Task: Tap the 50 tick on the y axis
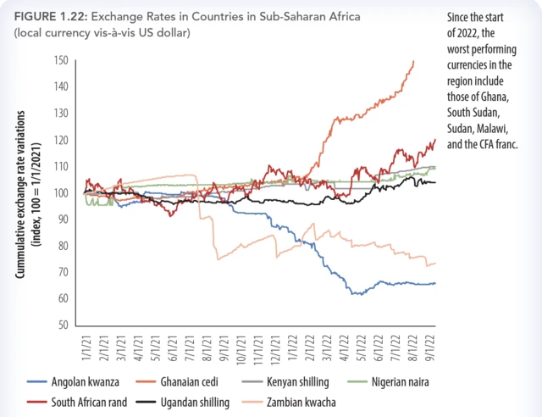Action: point(62,325)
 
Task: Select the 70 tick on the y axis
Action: point(62,272)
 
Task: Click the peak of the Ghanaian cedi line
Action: point(413,61)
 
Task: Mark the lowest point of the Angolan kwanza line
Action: point(357,294)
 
